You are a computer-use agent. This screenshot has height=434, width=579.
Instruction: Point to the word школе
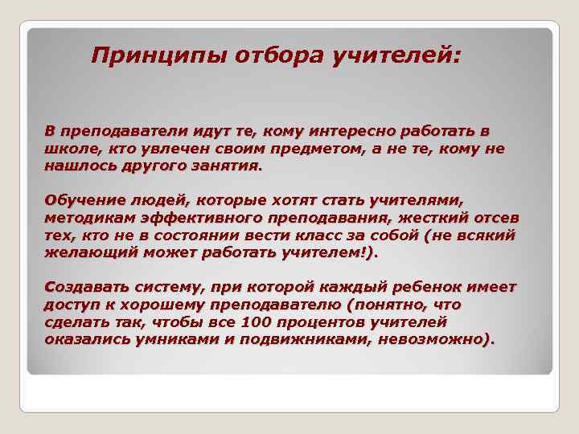click(72, 149)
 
